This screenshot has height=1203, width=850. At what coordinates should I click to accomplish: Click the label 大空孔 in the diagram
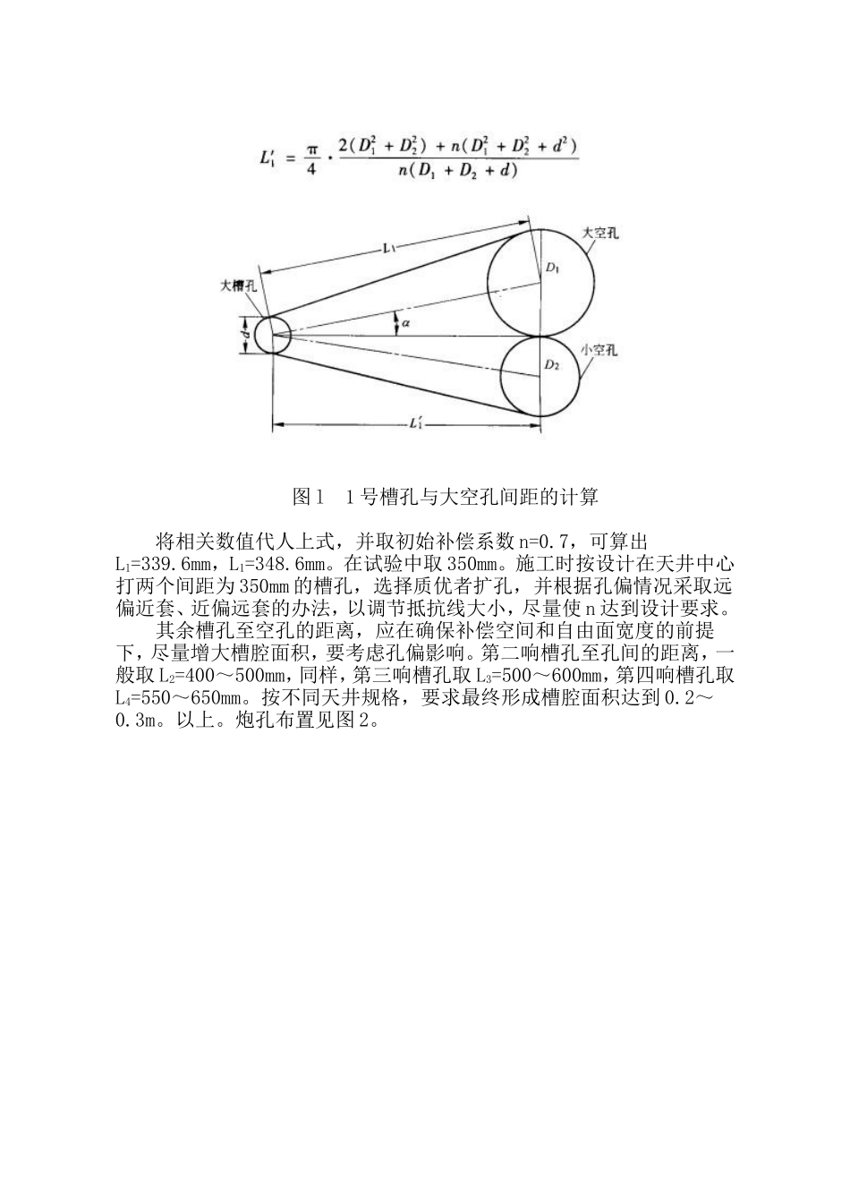pos(601,233)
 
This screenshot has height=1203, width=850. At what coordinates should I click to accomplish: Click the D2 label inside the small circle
pos(553,364)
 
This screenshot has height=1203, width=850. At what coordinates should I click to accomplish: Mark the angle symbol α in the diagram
pos(405,321)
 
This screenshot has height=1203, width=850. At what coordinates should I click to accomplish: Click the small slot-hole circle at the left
pos(271,334)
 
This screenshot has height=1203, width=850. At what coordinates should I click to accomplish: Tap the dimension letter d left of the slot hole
pos(244,334)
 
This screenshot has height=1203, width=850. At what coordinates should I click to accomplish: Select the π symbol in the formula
pos(310,146)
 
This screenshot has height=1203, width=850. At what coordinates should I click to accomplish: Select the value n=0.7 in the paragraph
pos(542,542)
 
